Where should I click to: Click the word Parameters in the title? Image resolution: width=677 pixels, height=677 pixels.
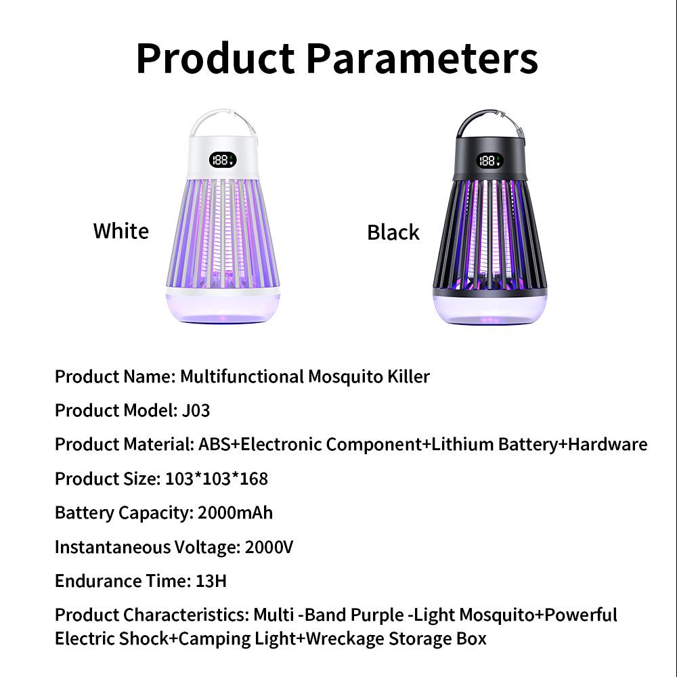pos(421,58)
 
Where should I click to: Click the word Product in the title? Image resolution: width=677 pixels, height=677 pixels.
pos(215,58)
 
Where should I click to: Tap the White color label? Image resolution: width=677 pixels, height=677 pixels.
pos(121,231)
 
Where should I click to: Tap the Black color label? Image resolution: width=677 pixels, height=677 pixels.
pos(393,232)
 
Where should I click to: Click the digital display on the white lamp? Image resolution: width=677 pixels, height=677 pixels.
pos(221,160)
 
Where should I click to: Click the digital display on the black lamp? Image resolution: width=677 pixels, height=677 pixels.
pos(489,160)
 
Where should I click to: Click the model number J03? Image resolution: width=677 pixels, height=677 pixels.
pos(196,410)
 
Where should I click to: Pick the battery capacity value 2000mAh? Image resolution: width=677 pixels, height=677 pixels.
pos(235,512)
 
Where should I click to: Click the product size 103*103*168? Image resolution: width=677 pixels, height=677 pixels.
pos(217,479)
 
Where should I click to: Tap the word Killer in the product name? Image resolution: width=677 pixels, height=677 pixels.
pos(409,376)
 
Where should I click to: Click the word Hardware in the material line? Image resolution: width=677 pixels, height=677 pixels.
pos(607,444)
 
